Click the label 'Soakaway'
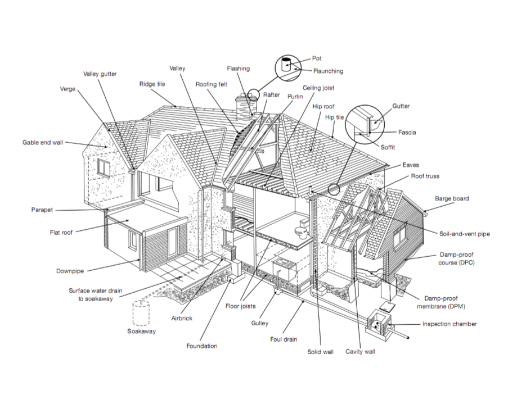pyautogui.click(x=141, y=331)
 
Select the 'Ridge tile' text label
pyautogui.click(x=152, y=84)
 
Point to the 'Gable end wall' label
pyautogui.click(x=43, y=143)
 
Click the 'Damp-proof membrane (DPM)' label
pyautogui.click(x=445, y=302)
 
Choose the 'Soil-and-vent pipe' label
pyautogui.click(x=464, y=234)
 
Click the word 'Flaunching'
pyautogui.click(x=328, y=71)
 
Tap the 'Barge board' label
pyautogui.click(x=452, y=198)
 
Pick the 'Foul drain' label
pyautogui.click(x=283, y=339)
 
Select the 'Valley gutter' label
pyautogui.click(x=100, y=74)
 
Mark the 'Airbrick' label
pyautogui.click(x=182, y=318)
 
